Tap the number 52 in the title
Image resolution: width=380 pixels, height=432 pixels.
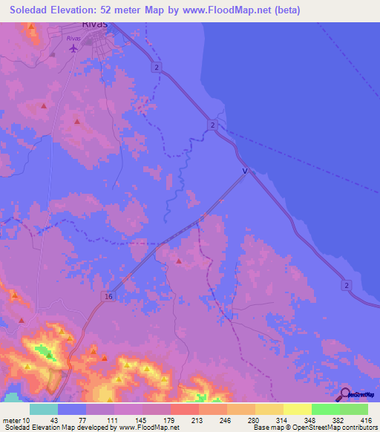pyautogui.click(x=128, y=10)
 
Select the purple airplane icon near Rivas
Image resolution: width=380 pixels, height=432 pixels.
pyautogui.click(x=73, y=49)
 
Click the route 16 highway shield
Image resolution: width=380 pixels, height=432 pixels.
pyautogui.click(x=108, y=295)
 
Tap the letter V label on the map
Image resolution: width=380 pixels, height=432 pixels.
pyautogui.click(x=244, y=171)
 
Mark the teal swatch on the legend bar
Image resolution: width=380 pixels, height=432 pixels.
pyautogui.click(x=44, y=410)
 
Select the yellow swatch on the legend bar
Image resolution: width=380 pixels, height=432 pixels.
pyautogui.click(x=298, y=410)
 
